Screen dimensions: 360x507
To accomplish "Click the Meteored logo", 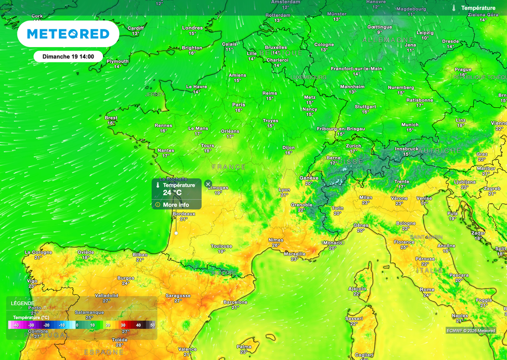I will pyautogui.click(x=68, y=34).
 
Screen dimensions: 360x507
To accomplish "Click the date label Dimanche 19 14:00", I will pyautogui.click(x=68, y=56).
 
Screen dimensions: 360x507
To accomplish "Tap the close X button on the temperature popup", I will pyautogui.click(x=208, y=184).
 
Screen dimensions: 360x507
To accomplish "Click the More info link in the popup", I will pyautogui.click(x=176, y=205).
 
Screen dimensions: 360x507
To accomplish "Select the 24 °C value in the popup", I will pyautogui.click(x=172, y=193).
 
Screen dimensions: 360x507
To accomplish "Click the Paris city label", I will pyautogui.click(x=239, y=104).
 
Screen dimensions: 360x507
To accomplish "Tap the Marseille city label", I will pyautogui.click(x=295, y=254).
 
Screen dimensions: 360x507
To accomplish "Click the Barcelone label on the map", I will pyautogui.click(x=235, y=302).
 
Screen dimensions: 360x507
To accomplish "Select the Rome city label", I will pyautogui.click(x=427, y=289).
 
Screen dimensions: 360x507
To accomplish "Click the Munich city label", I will pyautogui.click(x=410, y=125).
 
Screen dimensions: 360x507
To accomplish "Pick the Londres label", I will pyautogui.click(x=192, y=28).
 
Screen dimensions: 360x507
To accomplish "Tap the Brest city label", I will pyautogui.click(x=111, y=118).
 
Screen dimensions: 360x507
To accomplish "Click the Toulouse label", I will pyautogui.click(x=221, y=246).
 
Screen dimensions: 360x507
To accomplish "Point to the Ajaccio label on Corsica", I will pyautogui.click(x=357, y=289).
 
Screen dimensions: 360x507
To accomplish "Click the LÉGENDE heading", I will pyautogui.click(x=23, y=303).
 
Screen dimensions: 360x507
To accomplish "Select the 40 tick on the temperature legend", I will pyautogui.click(x=138, y=325).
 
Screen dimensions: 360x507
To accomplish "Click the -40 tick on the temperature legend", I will pyautogui.click(x=16, y=325).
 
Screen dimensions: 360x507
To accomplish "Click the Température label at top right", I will pyautogui.click(x=478, y=8).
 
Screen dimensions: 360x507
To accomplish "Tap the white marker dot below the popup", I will pyautogui.click(x=176, y=232).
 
